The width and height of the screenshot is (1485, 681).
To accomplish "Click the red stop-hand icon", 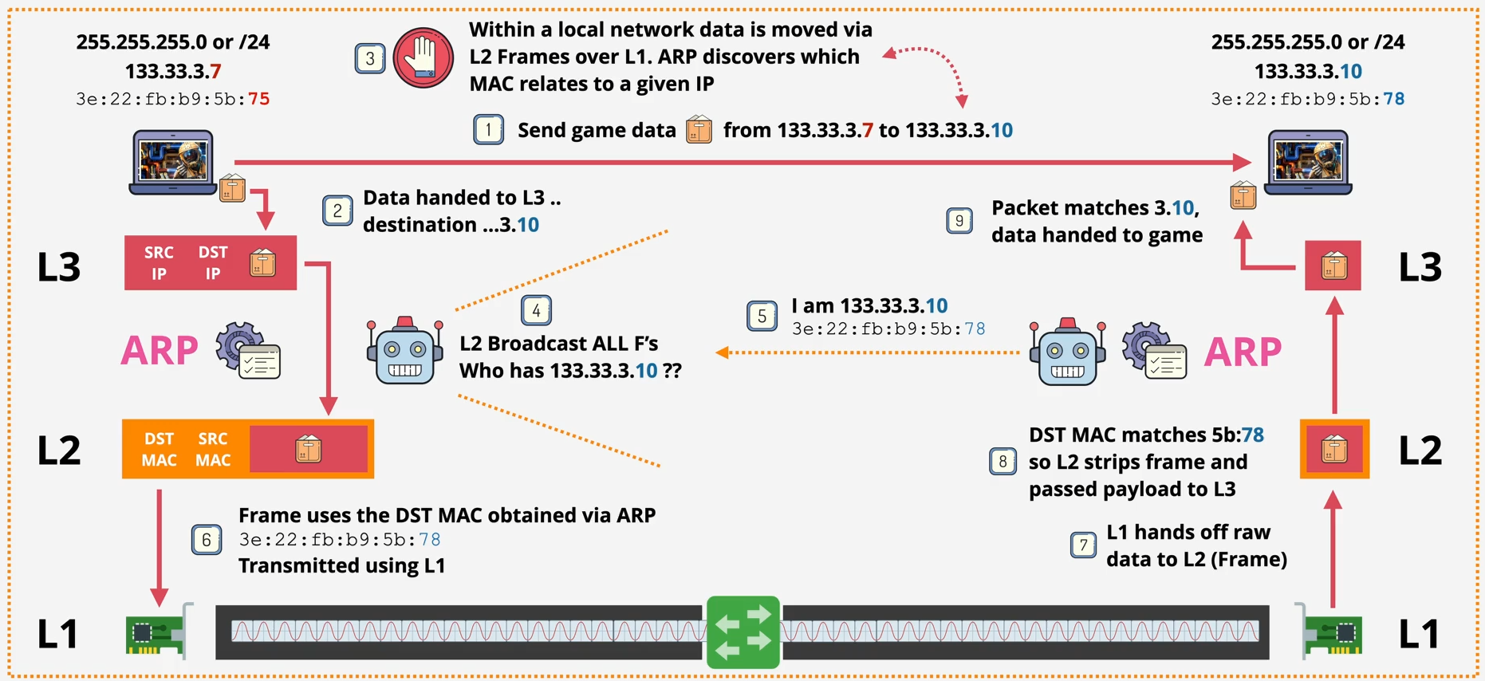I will click(x=423, y=57).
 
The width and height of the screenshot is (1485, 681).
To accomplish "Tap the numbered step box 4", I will click(x=536, y=310).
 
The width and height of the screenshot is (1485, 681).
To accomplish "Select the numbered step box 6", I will click(x=207, y=540).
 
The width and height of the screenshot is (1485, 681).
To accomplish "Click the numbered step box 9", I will click(x=959, y=221).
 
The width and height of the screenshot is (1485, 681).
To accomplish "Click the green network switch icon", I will click(x=742, y=632).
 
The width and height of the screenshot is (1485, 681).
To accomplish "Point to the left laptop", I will click(x=172, y=163).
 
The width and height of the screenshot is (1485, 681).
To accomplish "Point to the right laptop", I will click(x=1308, y=163).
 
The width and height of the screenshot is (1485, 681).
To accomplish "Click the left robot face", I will click(x=404, y=352).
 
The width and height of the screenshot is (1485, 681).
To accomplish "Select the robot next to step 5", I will click(x=1067, y=353).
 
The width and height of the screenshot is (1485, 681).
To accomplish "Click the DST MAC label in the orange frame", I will click(x=159, y=449).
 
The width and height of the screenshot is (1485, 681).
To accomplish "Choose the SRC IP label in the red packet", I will click(x=159, y=262).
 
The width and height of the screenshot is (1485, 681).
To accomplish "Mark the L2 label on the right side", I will click(x=1420, y=451).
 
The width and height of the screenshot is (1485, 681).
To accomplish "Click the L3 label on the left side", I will click(x=59, y=267).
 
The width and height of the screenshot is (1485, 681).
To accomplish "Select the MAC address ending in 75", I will click(x=172, y=99).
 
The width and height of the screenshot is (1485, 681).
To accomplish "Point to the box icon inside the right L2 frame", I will click(x=1334, y=450).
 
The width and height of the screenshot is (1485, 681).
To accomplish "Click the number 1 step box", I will click(x=488, y=129).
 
